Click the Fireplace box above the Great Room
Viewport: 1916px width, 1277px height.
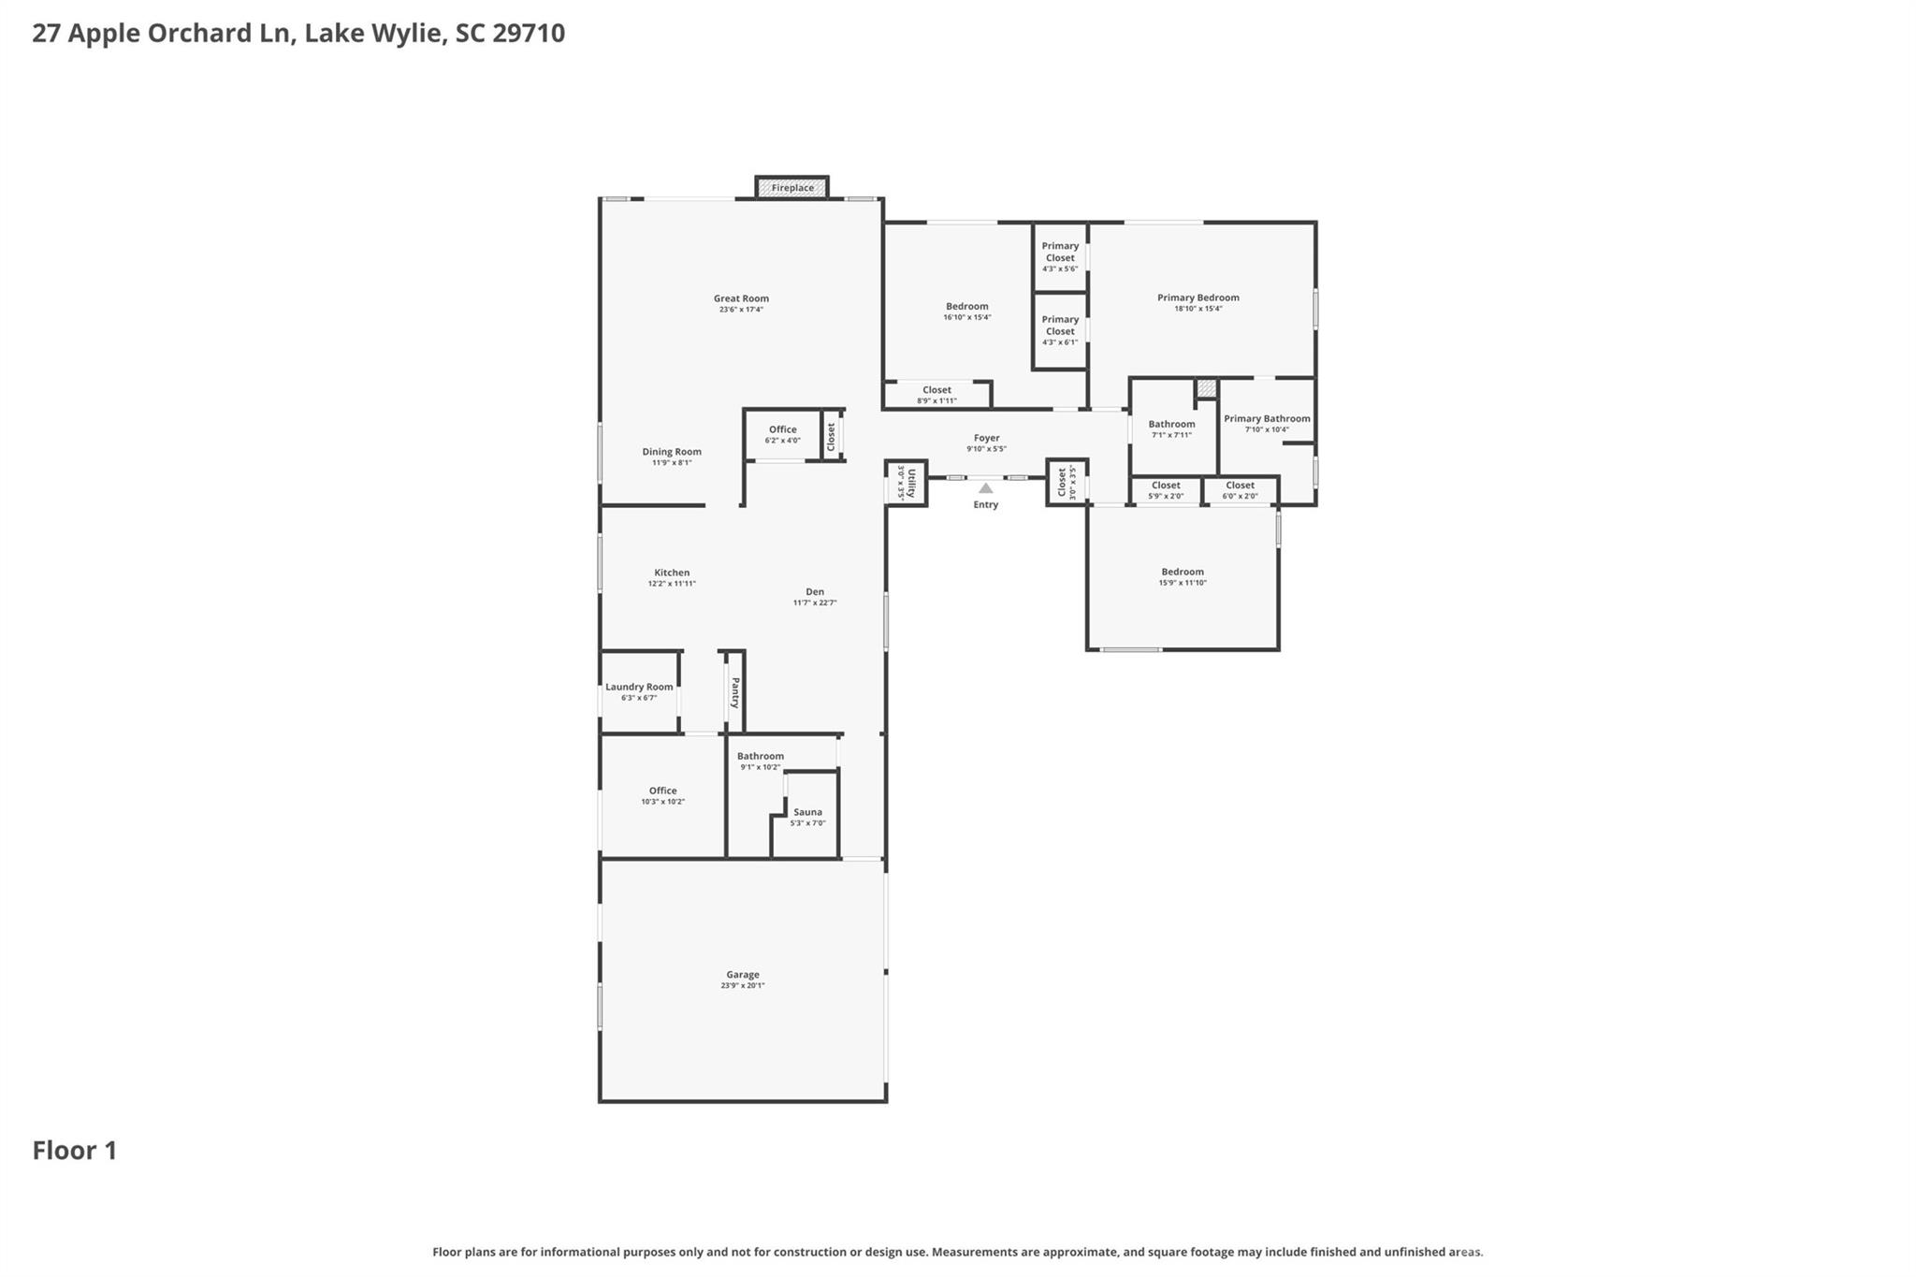(791, 188)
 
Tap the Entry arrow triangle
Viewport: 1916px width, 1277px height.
(985, 488)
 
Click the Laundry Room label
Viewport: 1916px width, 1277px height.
(639, 687)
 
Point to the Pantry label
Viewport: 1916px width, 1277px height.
(735, 692)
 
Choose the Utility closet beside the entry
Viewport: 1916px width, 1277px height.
(906, 483)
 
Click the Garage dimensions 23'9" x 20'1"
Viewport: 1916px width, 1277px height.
(743, 985)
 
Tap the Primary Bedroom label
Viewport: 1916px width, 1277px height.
(1197, 297)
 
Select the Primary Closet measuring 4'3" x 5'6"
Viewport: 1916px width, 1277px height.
(1060, 256)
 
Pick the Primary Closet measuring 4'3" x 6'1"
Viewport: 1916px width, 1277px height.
(1060, 330)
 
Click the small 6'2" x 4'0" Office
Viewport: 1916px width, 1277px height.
(782, 434)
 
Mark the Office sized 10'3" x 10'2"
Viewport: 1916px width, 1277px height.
(662, 795)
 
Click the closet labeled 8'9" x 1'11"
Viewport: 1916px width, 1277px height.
(936, 395)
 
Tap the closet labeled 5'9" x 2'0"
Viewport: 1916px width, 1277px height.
(1166, 490)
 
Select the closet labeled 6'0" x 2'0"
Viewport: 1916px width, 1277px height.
(1240, 490)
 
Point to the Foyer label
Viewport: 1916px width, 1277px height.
(986, 438)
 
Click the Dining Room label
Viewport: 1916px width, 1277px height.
(671, 452)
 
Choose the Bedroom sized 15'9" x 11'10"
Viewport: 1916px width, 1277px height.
(1183, 576)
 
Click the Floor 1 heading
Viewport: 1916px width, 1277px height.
(75, 1151)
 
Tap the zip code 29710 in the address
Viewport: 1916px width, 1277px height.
(529, 34)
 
